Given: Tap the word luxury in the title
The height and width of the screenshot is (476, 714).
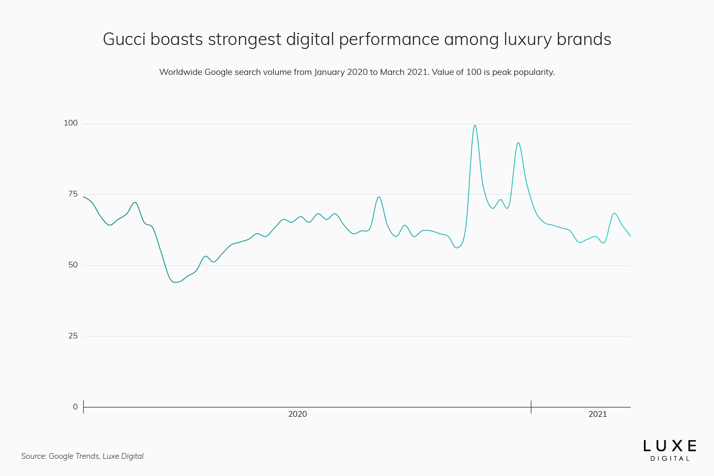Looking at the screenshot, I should pyautogui.click(x=527, y=39).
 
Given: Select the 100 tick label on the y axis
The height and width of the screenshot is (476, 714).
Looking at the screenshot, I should pyautogui.click(x=71, y=123).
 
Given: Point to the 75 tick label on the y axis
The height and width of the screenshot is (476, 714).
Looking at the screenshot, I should pyautogui.click(x=73, y=194).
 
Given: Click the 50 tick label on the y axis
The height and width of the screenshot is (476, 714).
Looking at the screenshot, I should pyautogui.click(x=73, y=265).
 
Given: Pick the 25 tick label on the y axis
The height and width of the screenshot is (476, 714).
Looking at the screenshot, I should pyautogui.click(x=73, y=336).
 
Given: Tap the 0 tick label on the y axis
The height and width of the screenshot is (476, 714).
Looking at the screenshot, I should pyautogui.click(x=75, y=407).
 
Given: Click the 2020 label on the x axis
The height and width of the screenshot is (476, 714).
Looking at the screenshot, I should pyautogui.click(x=297, y=414).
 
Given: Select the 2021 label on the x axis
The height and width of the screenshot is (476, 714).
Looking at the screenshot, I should pyautogui.click(x=598, y=414).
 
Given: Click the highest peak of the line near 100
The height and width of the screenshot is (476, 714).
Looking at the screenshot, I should pyautogui.click(x=475, y=125).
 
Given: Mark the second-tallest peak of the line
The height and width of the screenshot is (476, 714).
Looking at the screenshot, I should pyautogui.click(x=518, y=143).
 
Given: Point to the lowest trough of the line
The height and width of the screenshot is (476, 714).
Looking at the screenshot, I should pyautogui.click(x=175, y=282).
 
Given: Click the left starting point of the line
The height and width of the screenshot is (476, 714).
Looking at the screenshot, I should pyautogui.click(x=84, y=197).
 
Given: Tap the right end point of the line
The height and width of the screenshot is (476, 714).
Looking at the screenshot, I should pyautogui.click(x=630, y=236).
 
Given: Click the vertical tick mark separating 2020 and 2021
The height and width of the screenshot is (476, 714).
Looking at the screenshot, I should pyautogui.click(x=531, y=407).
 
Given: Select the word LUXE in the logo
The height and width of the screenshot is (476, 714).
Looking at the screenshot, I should pyautogui.click(x=669, y=446).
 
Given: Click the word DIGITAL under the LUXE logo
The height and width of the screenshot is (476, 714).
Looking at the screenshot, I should pyautogui.click(x=669, y=459).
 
